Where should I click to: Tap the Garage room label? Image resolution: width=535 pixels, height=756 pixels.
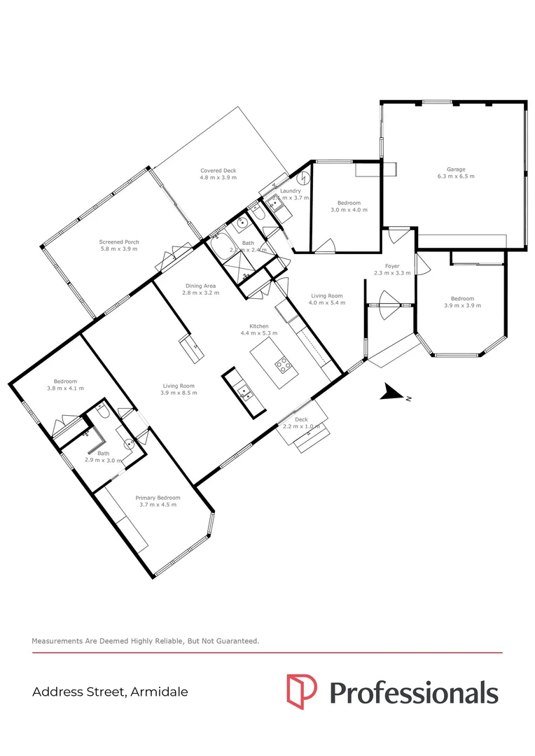456,169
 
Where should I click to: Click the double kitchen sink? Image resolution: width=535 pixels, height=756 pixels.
245,392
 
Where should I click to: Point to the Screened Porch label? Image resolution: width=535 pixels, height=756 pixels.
118,241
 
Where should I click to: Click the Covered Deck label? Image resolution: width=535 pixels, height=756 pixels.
218,171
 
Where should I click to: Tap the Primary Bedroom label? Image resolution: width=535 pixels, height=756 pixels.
158,498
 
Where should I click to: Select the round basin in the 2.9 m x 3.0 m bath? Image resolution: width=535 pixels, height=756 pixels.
129,443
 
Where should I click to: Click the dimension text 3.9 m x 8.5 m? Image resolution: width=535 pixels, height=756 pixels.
179,393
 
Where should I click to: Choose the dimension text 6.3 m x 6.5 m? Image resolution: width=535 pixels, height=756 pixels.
456,177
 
